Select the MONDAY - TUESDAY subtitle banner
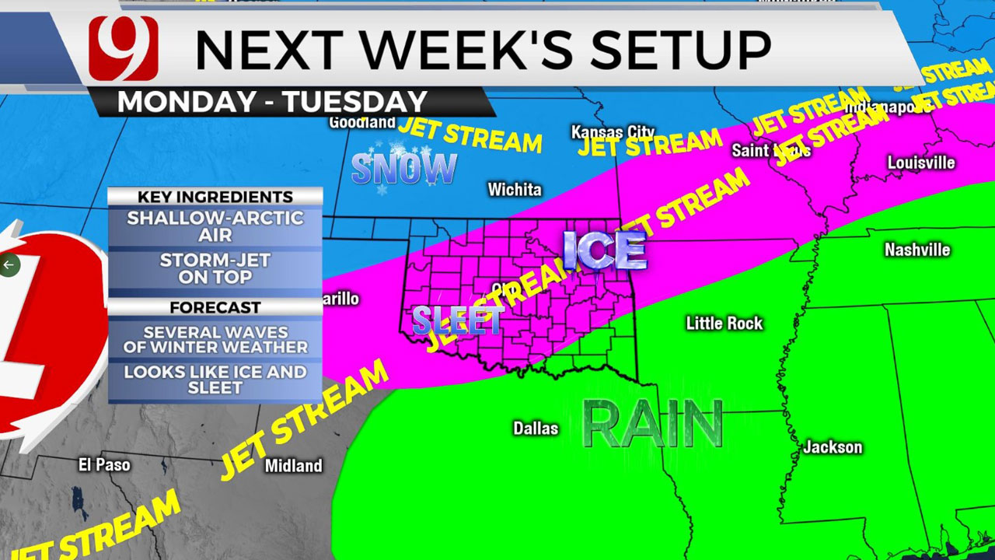272,102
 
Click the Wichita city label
515,189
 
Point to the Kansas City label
613,132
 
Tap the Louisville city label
921,163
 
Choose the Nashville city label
917,250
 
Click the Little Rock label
724,324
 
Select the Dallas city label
536,429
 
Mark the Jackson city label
833,447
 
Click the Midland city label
293,466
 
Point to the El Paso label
104,465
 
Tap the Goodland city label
361,122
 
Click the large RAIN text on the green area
653,425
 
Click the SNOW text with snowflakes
403,169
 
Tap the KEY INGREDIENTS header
215,197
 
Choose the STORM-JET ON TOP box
215,268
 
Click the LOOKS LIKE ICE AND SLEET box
215,379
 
